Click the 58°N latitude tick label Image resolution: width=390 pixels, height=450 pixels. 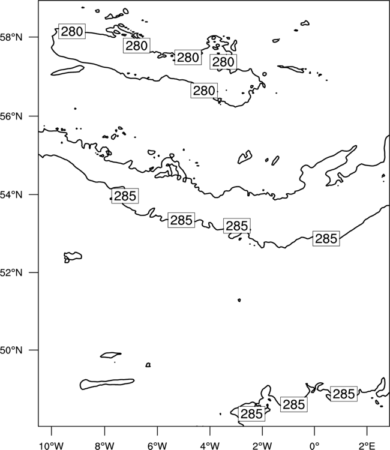coord(11,37)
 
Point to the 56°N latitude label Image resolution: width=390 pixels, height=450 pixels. coord(11,116)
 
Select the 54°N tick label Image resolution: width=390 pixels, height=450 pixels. coord(11,195)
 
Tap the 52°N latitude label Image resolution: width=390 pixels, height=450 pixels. coord(11,272)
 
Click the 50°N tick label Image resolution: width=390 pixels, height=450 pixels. coord(11,350)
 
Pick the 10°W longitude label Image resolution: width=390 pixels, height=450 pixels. coord(52,446)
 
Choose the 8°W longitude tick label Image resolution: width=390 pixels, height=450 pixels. coord(104,446)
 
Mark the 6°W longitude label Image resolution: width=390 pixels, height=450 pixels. coord(157,446)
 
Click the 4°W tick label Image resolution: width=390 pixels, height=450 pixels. coord(210,446)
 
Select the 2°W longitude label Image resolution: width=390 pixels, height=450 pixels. coord(262,446)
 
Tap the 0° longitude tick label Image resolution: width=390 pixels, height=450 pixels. coord(314,446)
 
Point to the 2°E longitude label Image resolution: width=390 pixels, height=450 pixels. coord(367,446)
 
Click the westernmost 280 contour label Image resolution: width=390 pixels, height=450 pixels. coord(72,31)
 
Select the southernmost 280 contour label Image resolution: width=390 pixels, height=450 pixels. coord(204,91)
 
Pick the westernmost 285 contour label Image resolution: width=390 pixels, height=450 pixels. coord(125,196)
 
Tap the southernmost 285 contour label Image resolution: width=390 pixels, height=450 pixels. coord(251,414)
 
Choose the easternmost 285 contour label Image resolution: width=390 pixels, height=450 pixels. coord(344,394)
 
